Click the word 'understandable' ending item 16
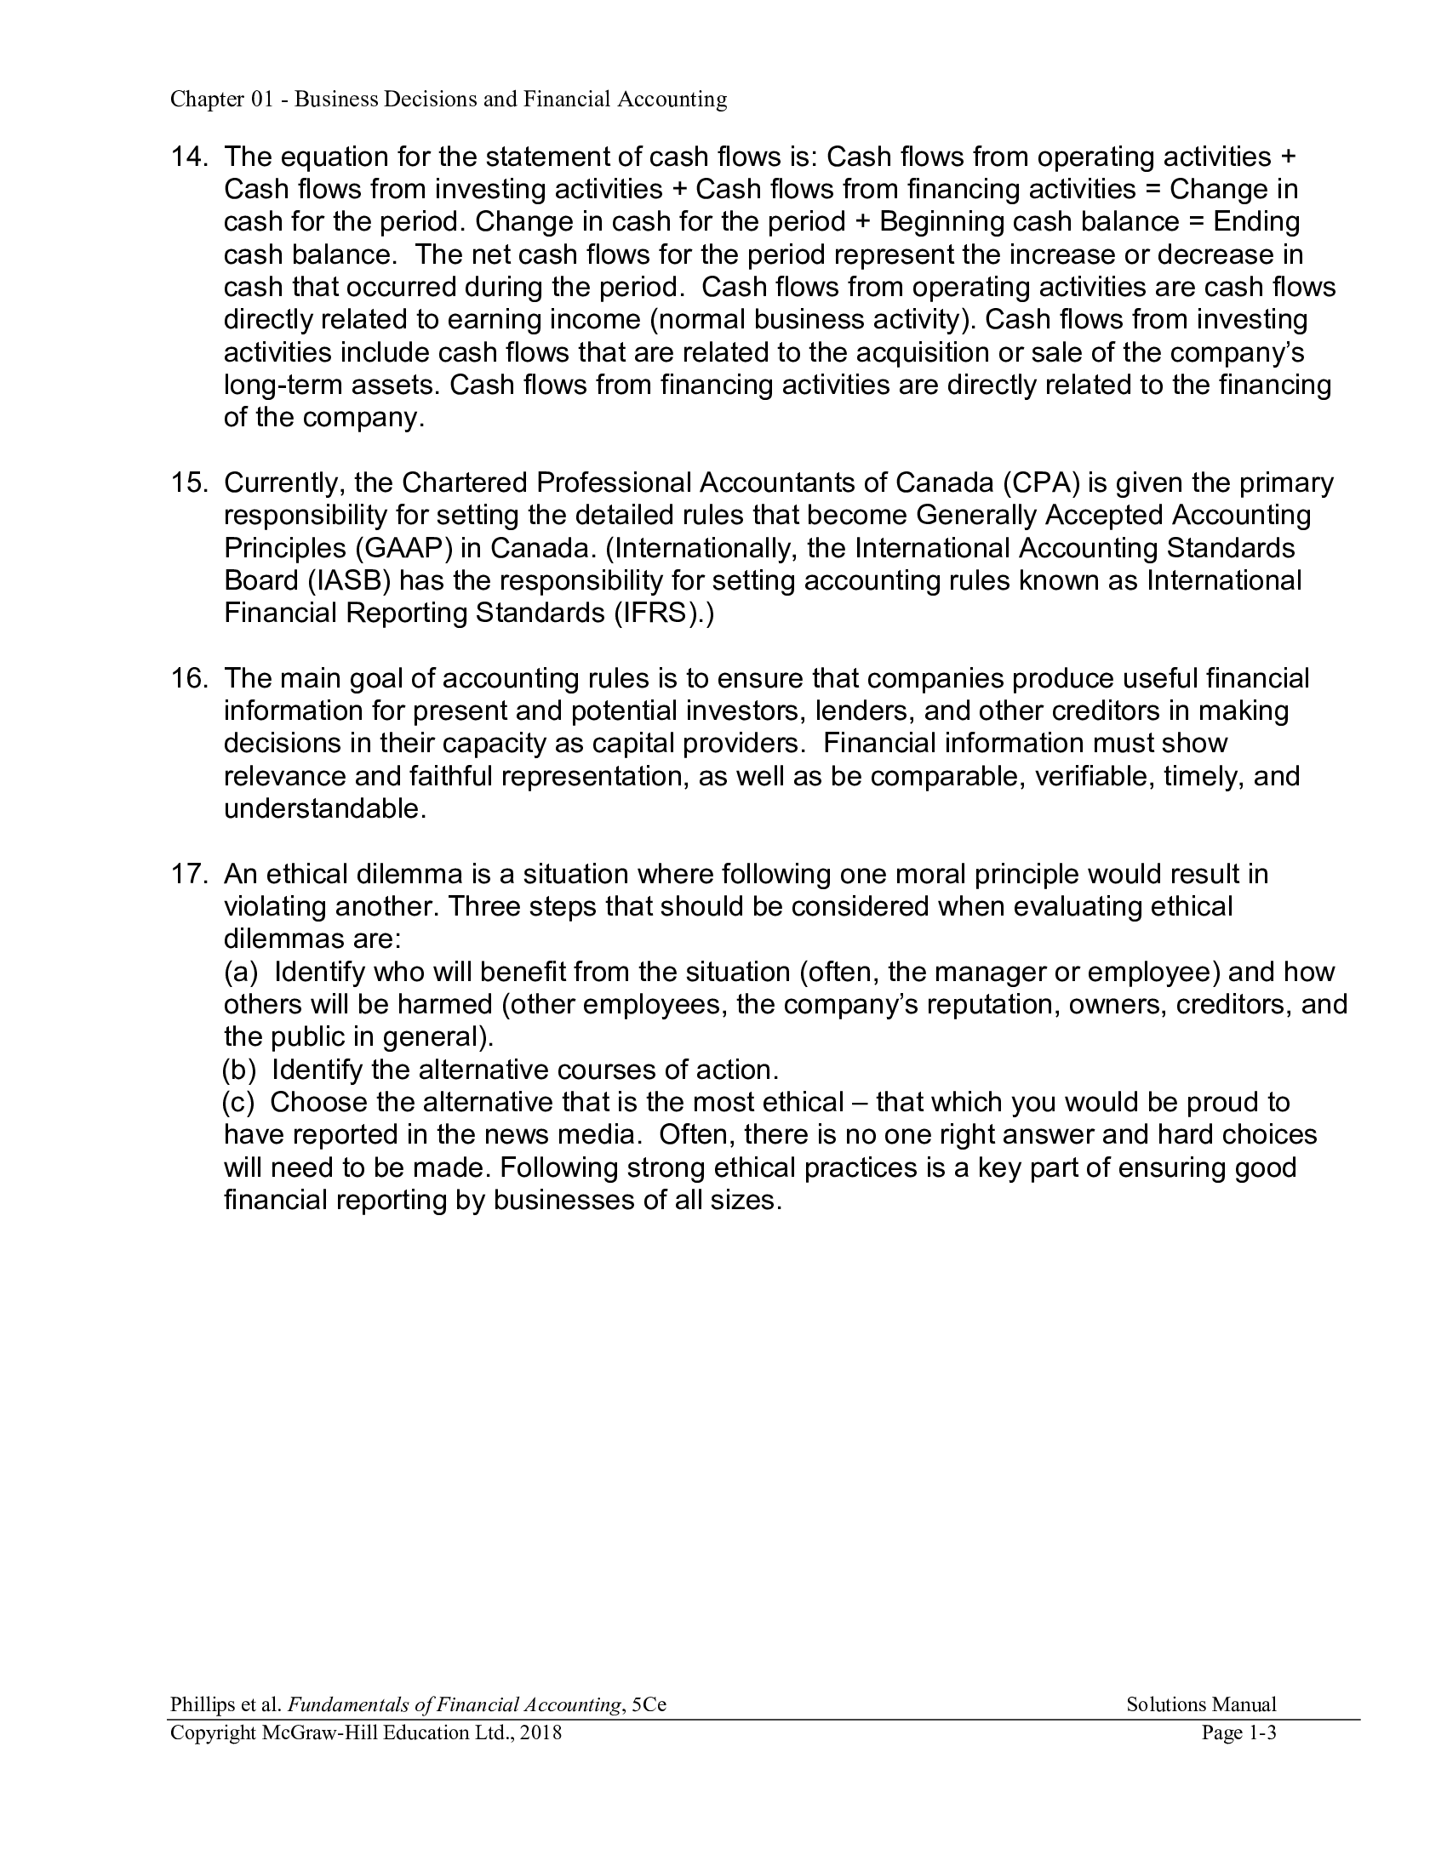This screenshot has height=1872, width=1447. coord(323,809)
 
